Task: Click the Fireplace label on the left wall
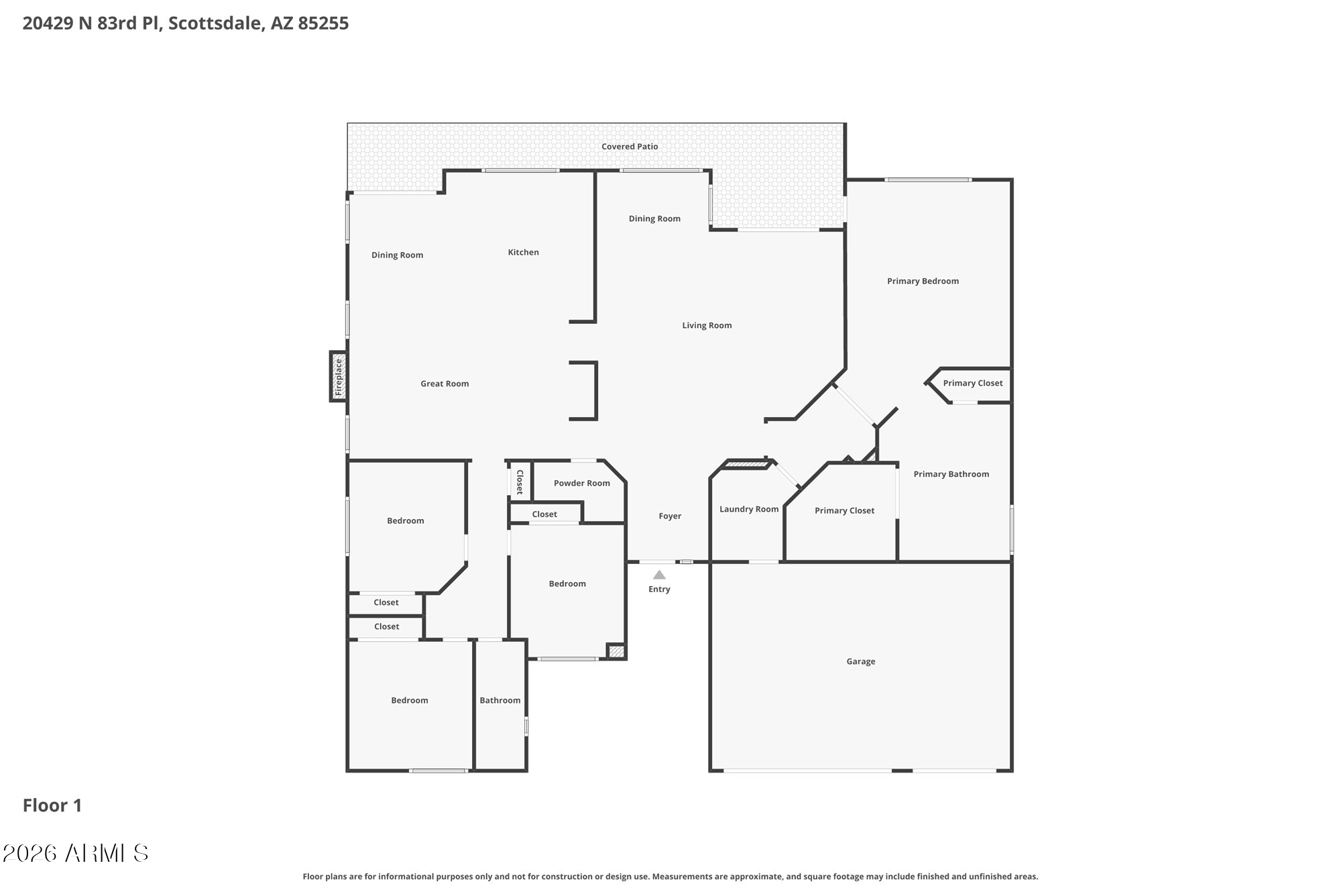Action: [339, 376]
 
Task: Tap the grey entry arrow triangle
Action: [659, 575]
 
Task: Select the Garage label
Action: [861, 661]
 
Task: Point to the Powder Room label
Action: [582, 483]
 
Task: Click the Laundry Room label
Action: [749, 509]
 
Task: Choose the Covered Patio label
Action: [630, 146]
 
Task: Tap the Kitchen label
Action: [523, 252]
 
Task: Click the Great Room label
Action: [445, 384]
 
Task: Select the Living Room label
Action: [707, 325]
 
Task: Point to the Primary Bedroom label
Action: [923, 281]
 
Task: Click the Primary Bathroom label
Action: [951, 474]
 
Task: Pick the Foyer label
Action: [670, 516]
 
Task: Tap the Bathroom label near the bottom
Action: [500, 700]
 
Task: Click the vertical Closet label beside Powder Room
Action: [520, 482]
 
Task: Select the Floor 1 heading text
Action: [52, 805]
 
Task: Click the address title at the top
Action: [186, 23]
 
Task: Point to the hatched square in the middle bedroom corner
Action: [616, 651]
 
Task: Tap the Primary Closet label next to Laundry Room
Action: [844, 510]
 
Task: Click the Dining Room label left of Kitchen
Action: [397, 255]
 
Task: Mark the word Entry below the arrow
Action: [659, 589]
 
